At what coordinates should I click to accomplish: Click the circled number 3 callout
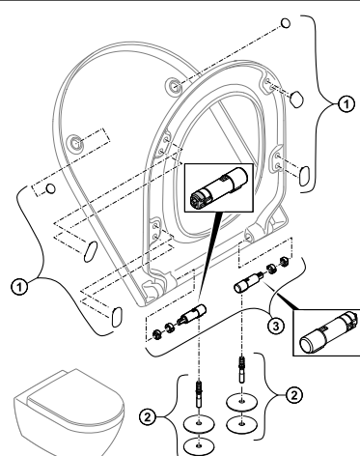tap(276, 326)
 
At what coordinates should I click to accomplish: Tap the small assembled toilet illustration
tap(69, 413)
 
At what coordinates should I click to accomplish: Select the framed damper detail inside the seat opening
tap(219, 187)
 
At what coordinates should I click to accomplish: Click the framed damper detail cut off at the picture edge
tap(326, 332)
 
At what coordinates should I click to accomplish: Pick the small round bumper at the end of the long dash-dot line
tap(286, 23)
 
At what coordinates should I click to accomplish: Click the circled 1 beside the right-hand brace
tap(346, 104)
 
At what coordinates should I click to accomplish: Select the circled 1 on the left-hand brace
tap(19, 286)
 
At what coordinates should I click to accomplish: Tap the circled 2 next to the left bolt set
tap(148, 417)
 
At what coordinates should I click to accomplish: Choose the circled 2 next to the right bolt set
tap(294, 395)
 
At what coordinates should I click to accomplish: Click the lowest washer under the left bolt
tap(199, 446)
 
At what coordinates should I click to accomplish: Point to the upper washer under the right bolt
tap(242, 402)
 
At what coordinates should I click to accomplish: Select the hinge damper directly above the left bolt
tap(191, 315)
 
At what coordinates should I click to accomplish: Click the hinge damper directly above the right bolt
tap(249, 281)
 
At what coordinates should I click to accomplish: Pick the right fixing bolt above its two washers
tap(241, 369)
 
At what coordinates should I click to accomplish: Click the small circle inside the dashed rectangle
tap(51, 188)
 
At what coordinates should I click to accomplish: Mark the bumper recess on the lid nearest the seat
tap(174, 85)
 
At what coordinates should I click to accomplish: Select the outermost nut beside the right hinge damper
tap(284, 261)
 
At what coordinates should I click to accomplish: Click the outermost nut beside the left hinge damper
tap(156, 335)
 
